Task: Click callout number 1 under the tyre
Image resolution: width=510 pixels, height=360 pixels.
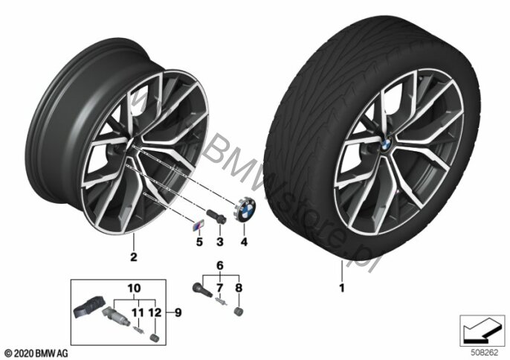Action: (341, 288)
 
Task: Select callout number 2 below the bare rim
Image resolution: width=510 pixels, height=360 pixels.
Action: (133, 257)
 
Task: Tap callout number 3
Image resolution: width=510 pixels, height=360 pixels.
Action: (220, 242)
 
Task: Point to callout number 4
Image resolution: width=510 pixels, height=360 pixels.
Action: (244, 242)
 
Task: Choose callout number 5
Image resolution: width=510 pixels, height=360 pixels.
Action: (199, 242)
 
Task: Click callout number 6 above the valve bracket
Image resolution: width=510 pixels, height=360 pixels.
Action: (220, 266)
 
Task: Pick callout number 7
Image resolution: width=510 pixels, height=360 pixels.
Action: (220, 288)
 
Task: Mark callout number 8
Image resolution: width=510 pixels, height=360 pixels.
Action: (239, 288)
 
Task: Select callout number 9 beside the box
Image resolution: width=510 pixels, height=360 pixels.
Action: (178, 313)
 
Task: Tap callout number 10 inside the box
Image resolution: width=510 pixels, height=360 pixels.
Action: (134, 288)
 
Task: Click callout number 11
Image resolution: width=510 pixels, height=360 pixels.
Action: (138, 313)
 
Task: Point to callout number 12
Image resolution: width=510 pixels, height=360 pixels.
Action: (155, 313)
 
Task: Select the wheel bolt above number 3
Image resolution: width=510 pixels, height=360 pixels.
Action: (216, 216)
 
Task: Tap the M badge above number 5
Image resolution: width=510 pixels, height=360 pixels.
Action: (198, 225)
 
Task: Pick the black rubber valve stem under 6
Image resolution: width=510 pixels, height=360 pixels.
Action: (202, 290)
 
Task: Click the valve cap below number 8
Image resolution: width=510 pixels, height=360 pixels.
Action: (239, 312)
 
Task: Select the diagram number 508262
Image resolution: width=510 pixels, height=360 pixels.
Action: (484, 353)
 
